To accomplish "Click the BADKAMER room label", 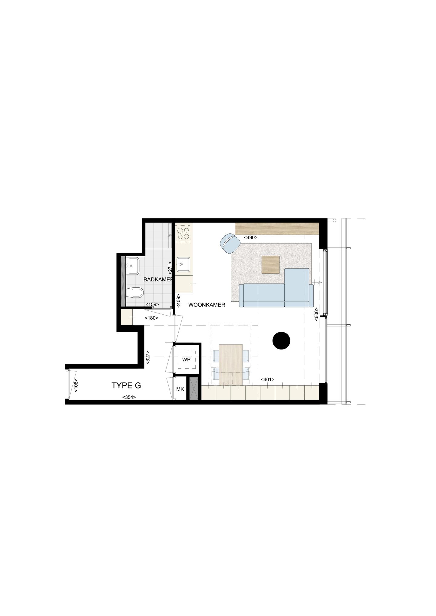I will pos(158,280).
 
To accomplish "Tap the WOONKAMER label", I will pos(207,305).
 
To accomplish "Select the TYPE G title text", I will pos(126,385).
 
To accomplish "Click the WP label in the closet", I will pos(186,359).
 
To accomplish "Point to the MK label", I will pos(180,389).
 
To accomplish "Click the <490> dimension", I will pos(251,238).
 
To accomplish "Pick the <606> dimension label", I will pos(316,314).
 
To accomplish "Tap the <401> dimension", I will pos(267,379).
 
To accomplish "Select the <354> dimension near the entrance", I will pos(129,397).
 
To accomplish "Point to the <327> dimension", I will pos(148,357).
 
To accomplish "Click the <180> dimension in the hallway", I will pos(151,318).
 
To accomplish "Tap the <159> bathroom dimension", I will pos(152,304).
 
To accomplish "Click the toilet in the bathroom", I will pos(135,293).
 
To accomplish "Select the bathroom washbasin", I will pos(132,265).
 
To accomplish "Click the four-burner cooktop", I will pos(184,233).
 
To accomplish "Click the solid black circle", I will pos(281,340).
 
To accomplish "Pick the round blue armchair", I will pos(230,243).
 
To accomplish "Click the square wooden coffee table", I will pos(270,265).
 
